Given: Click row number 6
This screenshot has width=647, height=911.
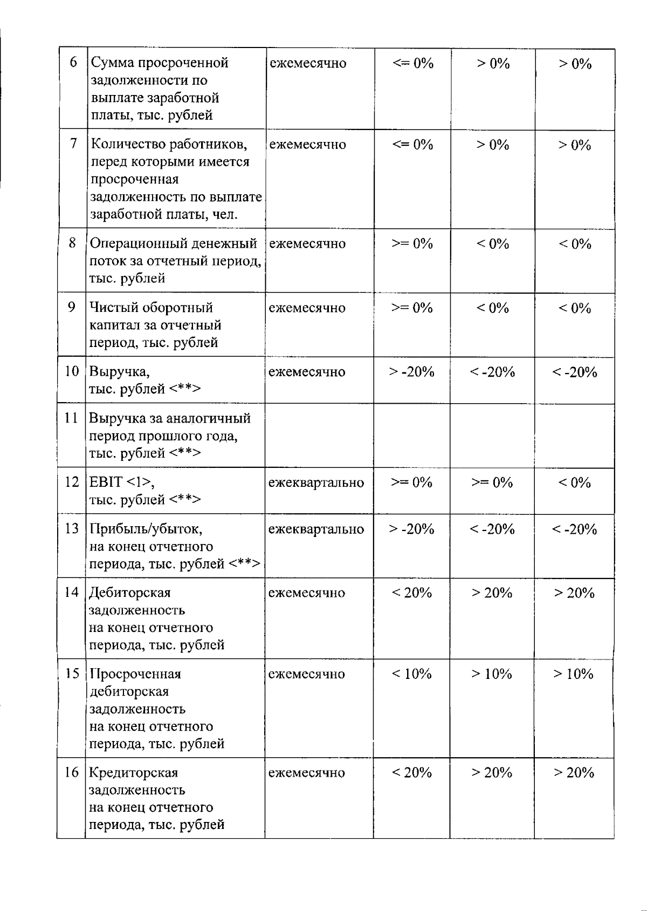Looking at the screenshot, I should [73, 62].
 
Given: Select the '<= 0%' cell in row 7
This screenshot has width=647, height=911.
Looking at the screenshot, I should [413, 145].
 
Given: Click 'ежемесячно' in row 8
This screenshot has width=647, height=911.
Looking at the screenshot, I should [307, 243].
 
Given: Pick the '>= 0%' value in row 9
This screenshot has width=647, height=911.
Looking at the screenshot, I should [412, 308].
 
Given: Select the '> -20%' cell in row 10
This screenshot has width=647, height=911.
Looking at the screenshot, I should [412, 372].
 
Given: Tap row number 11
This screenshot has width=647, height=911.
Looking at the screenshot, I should [72, 418].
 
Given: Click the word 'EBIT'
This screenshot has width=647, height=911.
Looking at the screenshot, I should [106, 482].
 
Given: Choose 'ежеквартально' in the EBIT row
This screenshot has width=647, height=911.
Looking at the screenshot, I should [316, 482].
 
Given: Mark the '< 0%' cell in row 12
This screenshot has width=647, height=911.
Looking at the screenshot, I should [575, 482].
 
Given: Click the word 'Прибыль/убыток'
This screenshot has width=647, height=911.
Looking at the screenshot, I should [146, 529].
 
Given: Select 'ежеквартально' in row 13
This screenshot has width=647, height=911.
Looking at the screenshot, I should [316, 529].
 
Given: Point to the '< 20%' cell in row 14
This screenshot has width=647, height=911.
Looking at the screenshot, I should [412, 593].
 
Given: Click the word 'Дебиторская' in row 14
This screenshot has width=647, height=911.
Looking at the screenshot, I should [130, 593].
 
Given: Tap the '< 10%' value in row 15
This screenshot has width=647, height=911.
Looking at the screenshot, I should [412, 674].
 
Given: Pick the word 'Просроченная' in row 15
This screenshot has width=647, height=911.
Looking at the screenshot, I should [135, 674].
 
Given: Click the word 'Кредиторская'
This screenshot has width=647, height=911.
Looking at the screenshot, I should [134, 773].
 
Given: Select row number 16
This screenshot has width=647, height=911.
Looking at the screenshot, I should [72, 773].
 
